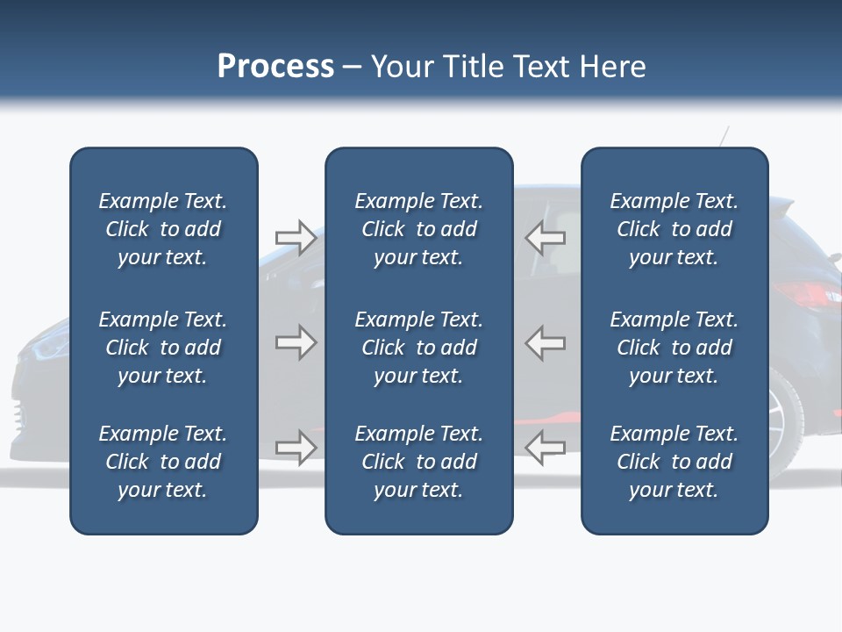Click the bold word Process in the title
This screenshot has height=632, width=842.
(x=275, y=66)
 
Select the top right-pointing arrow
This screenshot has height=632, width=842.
(x=296, y=237)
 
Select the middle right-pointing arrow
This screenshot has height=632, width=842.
(x=296, y=342)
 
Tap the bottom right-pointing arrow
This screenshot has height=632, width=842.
(x=296, y=448)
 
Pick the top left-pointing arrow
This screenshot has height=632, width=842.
(x=546, y=237)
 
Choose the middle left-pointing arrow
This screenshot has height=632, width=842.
(x=546, y=342)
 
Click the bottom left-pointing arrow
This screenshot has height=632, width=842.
(x=546, y=448)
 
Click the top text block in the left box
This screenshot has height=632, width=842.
(x=163, y=229)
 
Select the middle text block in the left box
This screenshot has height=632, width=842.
(x=163, y=348)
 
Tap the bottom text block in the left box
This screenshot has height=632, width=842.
(x=163, y=462)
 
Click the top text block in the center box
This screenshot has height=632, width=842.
(x=418, y=229)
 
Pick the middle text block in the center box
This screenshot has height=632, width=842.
(x=418, y=348)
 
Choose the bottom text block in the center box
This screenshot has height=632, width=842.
(x=418, y=462)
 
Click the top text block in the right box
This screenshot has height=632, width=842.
(x=674, y=229)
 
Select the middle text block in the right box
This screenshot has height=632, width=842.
(x=674, y=348)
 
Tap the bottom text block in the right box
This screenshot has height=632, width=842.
(x=674, y=462)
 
